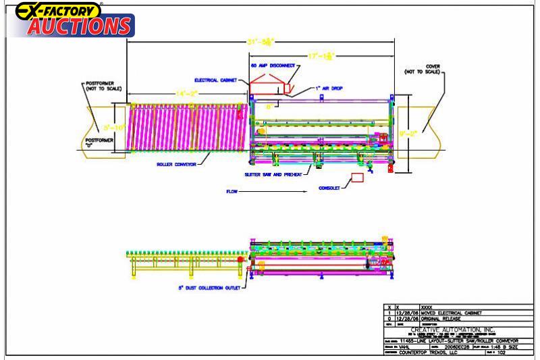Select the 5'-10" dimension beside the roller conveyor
pyautogui.click(x=115, y=127)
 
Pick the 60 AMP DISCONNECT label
pyautogui.click(x=273, y=66)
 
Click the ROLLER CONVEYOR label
pyautogui.click(x=176, y=163)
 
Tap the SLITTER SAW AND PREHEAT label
pyautogui.click(x=277, y=174)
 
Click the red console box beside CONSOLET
pyautogui.click(x=357, y=178)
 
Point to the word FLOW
pyautogui.click(x=232, y=191)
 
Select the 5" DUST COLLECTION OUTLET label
pyautogui.click(x=209, y=287)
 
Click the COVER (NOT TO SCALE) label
pyautogui.click(x=423, y=69)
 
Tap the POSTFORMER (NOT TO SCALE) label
pyautogui.click(x=103, y=86)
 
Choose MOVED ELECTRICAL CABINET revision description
pyautogui.click(x=452, y=313)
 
